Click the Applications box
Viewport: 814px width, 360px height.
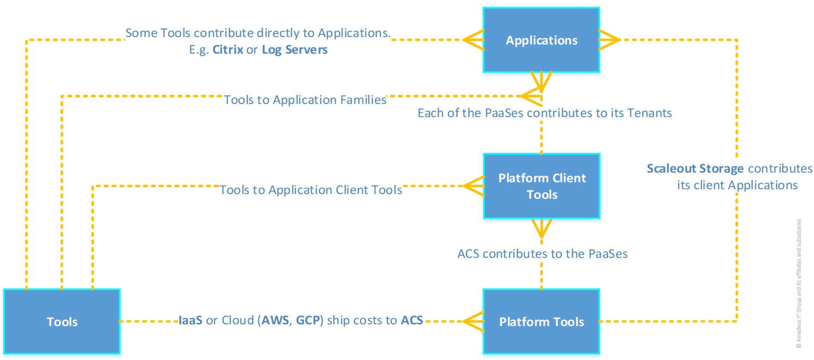pos(541,40)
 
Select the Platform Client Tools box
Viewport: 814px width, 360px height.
pos(542,186)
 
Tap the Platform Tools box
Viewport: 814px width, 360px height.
pos(541,322)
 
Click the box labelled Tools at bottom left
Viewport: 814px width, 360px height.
pos(62,322)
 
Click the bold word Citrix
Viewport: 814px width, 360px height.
pos(228,50)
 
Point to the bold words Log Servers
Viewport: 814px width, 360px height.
pos(295,50)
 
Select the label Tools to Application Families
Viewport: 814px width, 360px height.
pos(305,100)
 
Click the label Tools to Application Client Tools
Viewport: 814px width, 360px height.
pos(310,190)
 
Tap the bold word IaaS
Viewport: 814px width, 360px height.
pos(190,320)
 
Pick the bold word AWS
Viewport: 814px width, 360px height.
pos(275,320)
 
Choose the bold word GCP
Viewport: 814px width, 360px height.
pos(308,320)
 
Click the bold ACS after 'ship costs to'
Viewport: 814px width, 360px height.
pos(411,320)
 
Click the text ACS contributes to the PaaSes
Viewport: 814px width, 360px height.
pos(542,254)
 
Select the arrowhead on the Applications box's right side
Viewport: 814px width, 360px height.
pos(610,40)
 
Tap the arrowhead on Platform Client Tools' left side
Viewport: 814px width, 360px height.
pos(473,186)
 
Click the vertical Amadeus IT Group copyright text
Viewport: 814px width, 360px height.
pos(799,284)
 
